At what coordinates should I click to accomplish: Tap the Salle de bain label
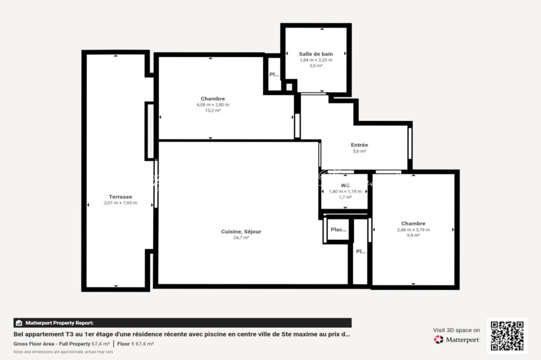(x=315, y=54)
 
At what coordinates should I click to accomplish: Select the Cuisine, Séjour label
(x=241, y=231)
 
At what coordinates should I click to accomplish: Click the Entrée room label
(x=359, y=145)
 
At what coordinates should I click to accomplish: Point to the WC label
(x=345, y=185)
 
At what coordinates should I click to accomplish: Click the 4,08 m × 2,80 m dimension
(x=212, y=105)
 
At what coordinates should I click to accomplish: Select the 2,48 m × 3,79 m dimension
(x=413, y=230)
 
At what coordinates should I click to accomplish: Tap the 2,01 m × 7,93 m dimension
(x=120, y=203)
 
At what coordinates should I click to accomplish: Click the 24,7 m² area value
(x=241, y=238)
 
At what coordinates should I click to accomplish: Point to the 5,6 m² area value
(x=359, y=151)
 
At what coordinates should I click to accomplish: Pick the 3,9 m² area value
(x=315, y=66)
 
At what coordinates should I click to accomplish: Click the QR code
(x=507, y=336)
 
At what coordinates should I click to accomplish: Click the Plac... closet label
(x=338, y=230)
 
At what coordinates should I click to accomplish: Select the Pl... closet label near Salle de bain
(x=274, y=74)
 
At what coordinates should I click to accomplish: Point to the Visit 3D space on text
(x=456, y=330)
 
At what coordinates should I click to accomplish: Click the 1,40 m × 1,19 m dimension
(x=345, y=191)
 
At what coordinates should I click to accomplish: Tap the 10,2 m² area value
(x=212, y=111)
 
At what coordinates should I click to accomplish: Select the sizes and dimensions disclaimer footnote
(x=63, y=351)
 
